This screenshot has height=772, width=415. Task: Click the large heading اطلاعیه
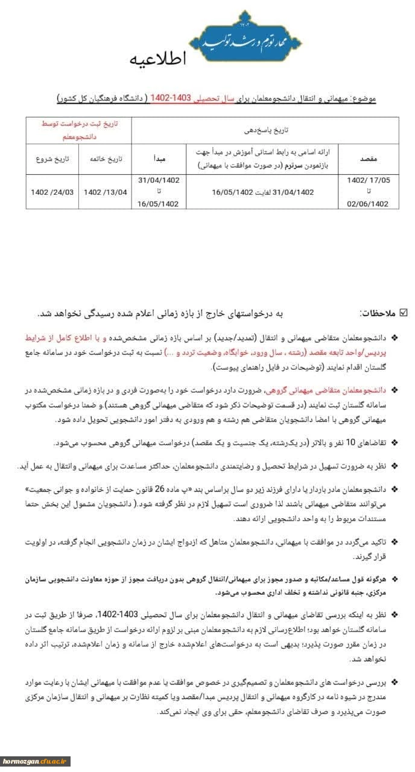point(159,59)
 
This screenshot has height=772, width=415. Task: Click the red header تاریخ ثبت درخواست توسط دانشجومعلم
point(79,130)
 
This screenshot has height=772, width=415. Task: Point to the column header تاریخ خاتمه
point(106,159)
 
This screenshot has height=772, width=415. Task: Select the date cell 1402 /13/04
point(106,192)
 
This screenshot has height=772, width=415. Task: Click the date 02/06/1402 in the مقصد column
point(368,203)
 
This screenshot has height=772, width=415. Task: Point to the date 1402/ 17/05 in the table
point(368,180)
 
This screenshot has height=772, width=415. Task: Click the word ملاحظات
point(377,313)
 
